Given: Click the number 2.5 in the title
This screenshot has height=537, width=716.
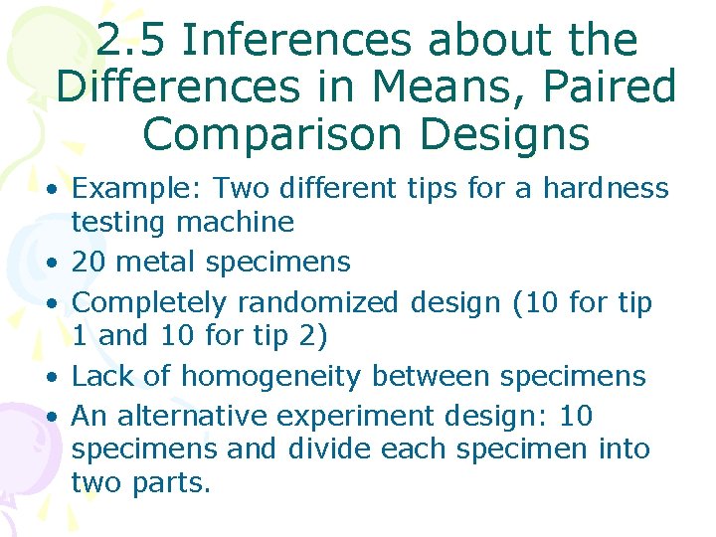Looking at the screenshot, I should click(x=133, y=41).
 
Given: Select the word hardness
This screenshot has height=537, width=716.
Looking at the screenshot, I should click(x=606, y=188).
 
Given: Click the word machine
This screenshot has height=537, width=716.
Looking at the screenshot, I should click(x=245, y=221).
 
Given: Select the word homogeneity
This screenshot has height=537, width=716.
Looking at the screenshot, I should click(x=270, y=377).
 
